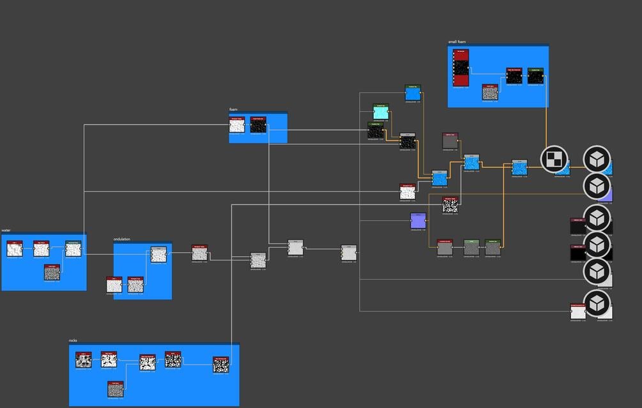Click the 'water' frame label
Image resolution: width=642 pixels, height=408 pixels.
(6, 230)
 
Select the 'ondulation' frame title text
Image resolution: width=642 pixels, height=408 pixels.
(122, 239)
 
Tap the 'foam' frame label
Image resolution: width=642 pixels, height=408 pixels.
(233, 109)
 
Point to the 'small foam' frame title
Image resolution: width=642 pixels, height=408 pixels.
(457, 42)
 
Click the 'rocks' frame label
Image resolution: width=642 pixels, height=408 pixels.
(73, 341)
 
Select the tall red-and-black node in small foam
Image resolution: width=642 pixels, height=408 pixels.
(461, 68)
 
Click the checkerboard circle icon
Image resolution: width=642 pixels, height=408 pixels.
(554, 159)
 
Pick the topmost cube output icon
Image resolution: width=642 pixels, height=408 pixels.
(597, 159)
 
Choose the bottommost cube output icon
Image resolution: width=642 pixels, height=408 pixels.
(597, 303)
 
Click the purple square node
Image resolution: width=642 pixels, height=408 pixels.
(418, 221)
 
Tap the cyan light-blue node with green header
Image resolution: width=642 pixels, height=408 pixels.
(381, 112)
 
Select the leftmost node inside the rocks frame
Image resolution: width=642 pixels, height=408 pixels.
(84, 360)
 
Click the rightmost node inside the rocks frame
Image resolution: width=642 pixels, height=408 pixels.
(221, 364)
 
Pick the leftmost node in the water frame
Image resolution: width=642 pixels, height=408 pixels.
(15, 248)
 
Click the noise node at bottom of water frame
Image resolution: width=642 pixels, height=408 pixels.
(52, 272)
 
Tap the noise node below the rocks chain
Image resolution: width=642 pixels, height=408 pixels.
(116, 388)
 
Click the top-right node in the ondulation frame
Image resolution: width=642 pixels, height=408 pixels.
(158, 255)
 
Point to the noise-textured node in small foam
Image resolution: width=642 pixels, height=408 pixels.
(490, 93)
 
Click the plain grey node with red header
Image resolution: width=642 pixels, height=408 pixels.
(450, 142)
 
